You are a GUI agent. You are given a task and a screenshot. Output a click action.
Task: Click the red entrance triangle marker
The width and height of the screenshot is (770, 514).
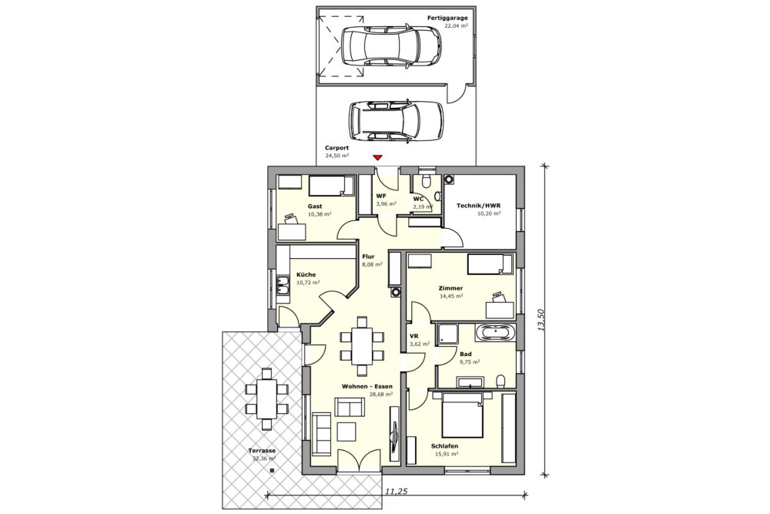tap(377, 157)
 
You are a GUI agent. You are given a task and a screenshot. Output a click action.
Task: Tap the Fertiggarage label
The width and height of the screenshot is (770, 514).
tap(447, 18)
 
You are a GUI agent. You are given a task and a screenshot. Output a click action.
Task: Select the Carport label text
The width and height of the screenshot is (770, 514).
tap(337, 147)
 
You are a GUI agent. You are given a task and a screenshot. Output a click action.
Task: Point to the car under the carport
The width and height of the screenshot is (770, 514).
tap(396, 121)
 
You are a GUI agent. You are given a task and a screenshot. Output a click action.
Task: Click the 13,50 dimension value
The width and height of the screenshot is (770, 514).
tap(541, 320)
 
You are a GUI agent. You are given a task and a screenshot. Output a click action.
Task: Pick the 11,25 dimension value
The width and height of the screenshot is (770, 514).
tap(397, 490)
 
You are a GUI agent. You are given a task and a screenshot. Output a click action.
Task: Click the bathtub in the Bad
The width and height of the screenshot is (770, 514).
tap(495, 333)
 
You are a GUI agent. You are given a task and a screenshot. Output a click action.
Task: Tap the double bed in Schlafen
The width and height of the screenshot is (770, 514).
tap(462, 415)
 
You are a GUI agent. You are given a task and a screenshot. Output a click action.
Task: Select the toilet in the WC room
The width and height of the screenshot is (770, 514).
tap(427, 181)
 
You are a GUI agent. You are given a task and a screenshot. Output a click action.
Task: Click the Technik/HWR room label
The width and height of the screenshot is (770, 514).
tap(478, 206)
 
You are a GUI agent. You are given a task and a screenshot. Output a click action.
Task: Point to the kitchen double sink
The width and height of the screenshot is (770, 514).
tap(283, 291)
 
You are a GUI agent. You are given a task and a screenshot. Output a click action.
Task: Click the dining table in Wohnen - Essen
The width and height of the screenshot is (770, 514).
tap(362, 346)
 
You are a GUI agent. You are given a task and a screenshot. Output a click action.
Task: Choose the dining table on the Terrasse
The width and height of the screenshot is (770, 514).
tap(266, 398)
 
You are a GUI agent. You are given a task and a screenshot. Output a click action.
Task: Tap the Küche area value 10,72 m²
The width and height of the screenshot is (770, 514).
tap(308, 283)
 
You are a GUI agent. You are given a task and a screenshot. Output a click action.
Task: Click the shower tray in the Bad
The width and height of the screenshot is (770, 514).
tap(447, 334)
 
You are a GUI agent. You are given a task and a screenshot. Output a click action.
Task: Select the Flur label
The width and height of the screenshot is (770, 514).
tap(368, 257)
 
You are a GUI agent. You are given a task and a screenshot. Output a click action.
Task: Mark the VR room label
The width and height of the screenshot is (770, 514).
tap(414, 336)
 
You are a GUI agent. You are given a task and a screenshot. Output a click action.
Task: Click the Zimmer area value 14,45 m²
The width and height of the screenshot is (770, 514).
tap(451, 297)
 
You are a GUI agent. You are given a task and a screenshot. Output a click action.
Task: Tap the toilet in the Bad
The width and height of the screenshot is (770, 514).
tap(501, 381)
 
